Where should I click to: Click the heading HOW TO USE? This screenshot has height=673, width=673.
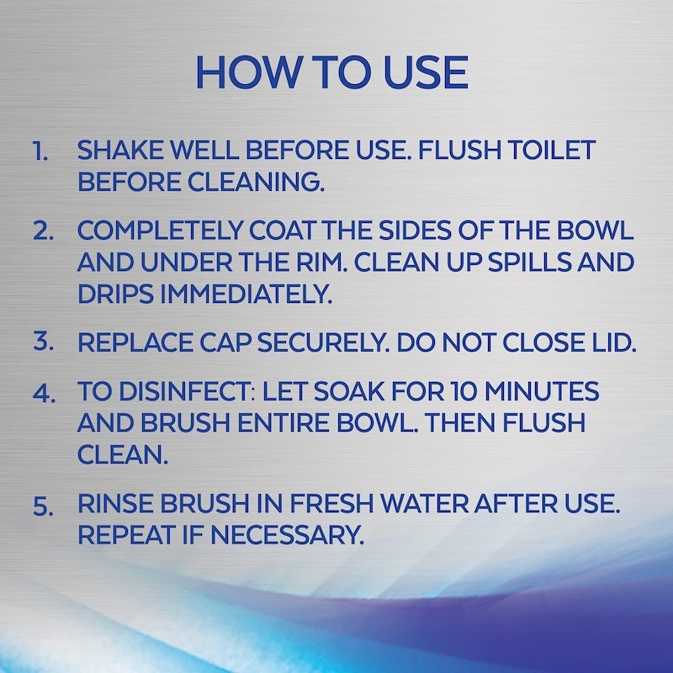331,72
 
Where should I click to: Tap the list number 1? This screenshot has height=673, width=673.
40,152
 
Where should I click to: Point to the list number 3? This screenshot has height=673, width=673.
44,342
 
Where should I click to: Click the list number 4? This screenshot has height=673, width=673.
45,392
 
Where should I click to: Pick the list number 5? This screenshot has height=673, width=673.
44,506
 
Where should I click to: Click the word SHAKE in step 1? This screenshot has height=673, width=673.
120,151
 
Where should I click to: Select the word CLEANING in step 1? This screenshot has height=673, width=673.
256,182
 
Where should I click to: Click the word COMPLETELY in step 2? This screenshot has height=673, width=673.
161,231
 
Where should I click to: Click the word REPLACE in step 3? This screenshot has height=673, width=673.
135,342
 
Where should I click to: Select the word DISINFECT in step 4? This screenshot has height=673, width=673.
187,391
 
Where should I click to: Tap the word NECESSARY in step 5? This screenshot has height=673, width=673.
287,535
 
